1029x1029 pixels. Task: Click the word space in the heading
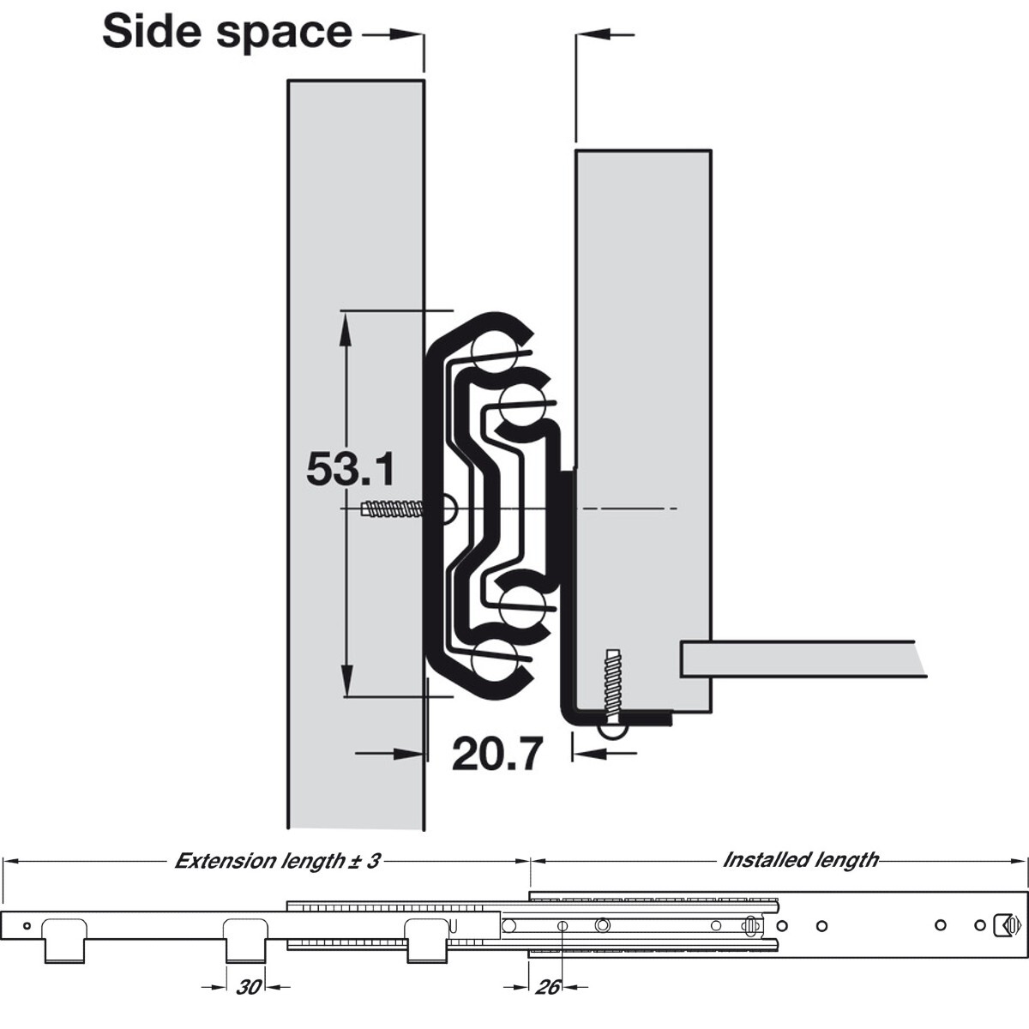tap(285, 34)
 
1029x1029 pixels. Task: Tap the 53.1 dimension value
tap(351, 469)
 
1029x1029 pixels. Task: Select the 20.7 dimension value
tap(497, 754)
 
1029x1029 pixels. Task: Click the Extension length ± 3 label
tap(277, 861)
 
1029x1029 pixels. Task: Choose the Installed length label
tap(800, 860)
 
